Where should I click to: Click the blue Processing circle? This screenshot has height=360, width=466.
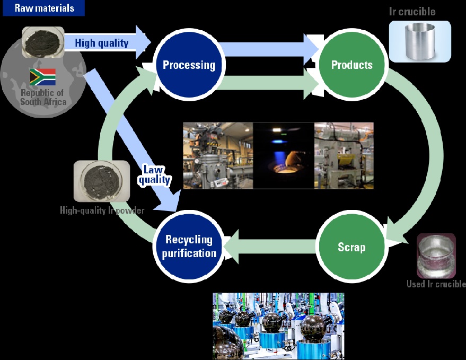pos(189,65)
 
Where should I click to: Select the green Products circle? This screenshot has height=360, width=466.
pos(352,65)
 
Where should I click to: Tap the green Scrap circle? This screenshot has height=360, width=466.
pos(352,247)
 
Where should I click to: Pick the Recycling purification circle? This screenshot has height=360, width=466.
pos(189,247)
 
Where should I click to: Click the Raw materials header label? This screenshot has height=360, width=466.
pos(44,8)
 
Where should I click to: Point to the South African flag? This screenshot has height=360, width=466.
pos(43,77)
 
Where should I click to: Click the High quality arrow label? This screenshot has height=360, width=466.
pos(102,43)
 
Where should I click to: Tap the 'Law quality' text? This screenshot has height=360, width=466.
pos(155,175)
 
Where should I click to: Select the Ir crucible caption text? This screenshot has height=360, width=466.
pos(412,12)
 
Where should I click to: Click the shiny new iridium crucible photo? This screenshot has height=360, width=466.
pos(420,41)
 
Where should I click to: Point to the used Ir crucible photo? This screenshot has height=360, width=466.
pos(436,256)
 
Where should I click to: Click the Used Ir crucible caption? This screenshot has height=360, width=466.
pos(436,284)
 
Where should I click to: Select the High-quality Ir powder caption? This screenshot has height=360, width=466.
pos(102,210)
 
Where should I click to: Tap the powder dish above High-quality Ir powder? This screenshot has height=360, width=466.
pos(102,181)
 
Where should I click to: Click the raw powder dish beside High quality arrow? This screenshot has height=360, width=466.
pos(43,42)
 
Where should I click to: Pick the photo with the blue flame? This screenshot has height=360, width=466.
pos(284,155)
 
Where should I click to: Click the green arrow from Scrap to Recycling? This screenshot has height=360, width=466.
pos(269,247)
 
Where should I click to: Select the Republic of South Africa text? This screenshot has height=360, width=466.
pos(43,97)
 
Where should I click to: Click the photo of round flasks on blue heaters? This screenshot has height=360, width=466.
pos(278,326)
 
